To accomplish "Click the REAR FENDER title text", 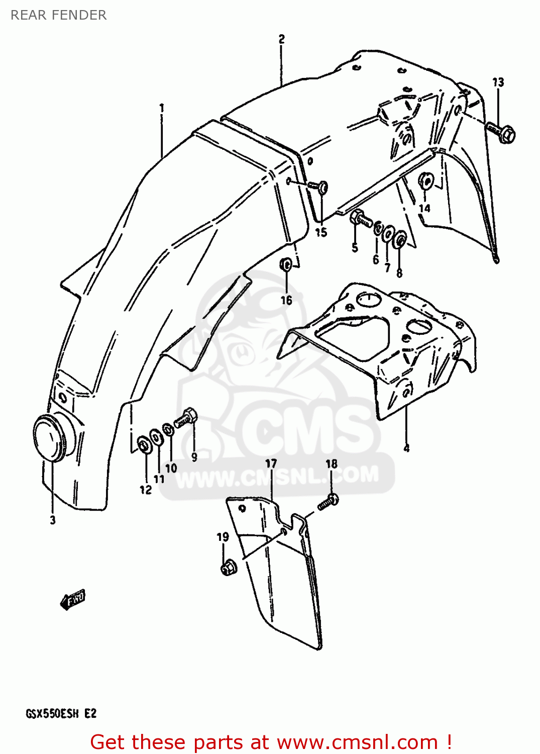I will (58, 15).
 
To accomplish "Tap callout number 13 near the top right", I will (498, 82).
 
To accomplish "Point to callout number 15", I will (321, 232).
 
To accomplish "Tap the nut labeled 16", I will (286, 264).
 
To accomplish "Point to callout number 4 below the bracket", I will (406, 448).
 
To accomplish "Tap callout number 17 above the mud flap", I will (271, 463).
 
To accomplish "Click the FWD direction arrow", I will (73, 599).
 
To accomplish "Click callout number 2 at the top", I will (281, 39).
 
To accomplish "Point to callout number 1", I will (162, 108).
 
